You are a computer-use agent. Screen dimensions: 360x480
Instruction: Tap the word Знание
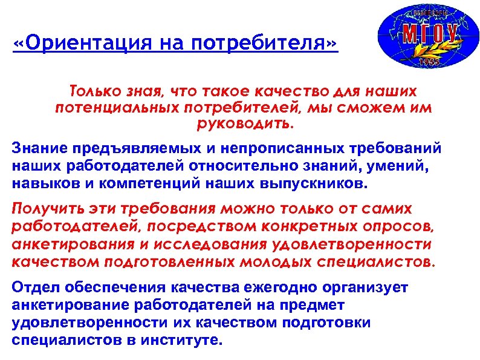tap(39, 149)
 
